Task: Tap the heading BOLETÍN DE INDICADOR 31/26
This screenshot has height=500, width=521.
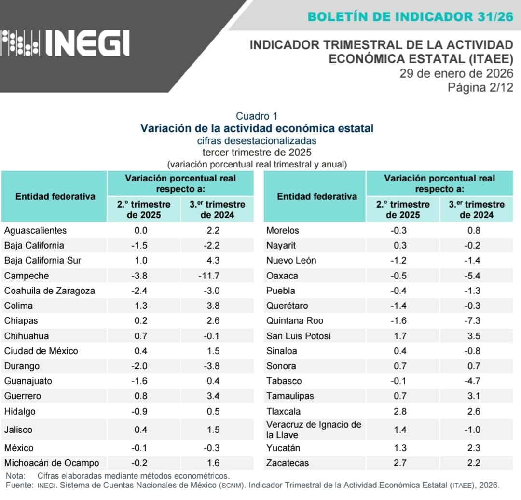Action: pos(410,16)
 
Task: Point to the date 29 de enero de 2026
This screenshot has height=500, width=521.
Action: pos(456,73)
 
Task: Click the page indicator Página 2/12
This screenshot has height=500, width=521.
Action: pos(480,87)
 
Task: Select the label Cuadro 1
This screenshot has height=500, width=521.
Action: pos(257,116)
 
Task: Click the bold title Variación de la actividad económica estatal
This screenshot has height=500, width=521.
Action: pos(257,128)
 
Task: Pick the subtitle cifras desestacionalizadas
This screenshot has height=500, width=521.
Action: pos(257,141)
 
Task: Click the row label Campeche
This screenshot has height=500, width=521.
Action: pos(27,276)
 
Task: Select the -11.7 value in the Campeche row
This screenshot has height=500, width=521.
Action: pos(217,276)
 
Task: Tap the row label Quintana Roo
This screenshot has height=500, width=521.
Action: pos(295,320)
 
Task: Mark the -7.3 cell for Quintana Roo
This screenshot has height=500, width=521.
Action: pos(474,320)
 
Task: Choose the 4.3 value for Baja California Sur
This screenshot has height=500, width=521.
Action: pos(217,260)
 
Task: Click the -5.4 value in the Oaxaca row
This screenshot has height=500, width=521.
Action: pos(474,276)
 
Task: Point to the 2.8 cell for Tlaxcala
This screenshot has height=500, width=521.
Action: pos(400,411)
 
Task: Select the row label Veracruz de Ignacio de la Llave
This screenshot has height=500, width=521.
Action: pos(314,430)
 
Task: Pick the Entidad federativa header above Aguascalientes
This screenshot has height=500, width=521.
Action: pos(55,196)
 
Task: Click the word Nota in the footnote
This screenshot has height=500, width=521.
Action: pos(14,476)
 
